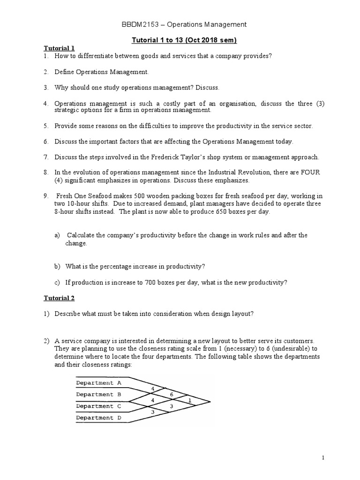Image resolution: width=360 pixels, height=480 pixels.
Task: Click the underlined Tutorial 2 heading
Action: (59, 298)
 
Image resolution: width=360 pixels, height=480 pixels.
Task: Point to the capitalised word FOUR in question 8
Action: (310, 172)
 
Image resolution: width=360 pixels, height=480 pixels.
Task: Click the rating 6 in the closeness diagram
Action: (172, 395)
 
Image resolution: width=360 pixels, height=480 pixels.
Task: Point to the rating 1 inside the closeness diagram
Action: (189, 400)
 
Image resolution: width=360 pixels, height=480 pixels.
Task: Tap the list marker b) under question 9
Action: (57, 266)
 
